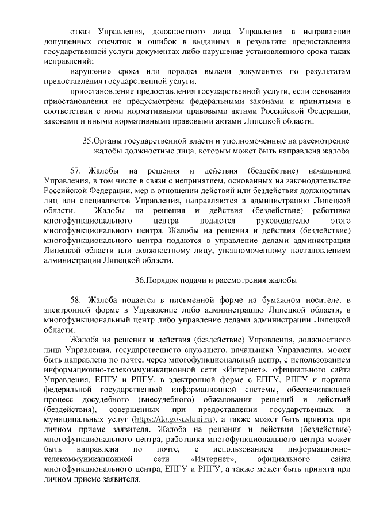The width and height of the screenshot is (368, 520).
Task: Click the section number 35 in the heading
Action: [88, 141]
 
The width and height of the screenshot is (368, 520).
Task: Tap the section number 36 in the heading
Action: [140, 281]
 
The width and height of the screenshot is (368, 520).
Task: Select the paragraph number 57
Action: [76, 171]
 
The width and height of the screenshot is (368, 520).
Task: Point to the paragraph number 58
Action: [76, 301]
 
